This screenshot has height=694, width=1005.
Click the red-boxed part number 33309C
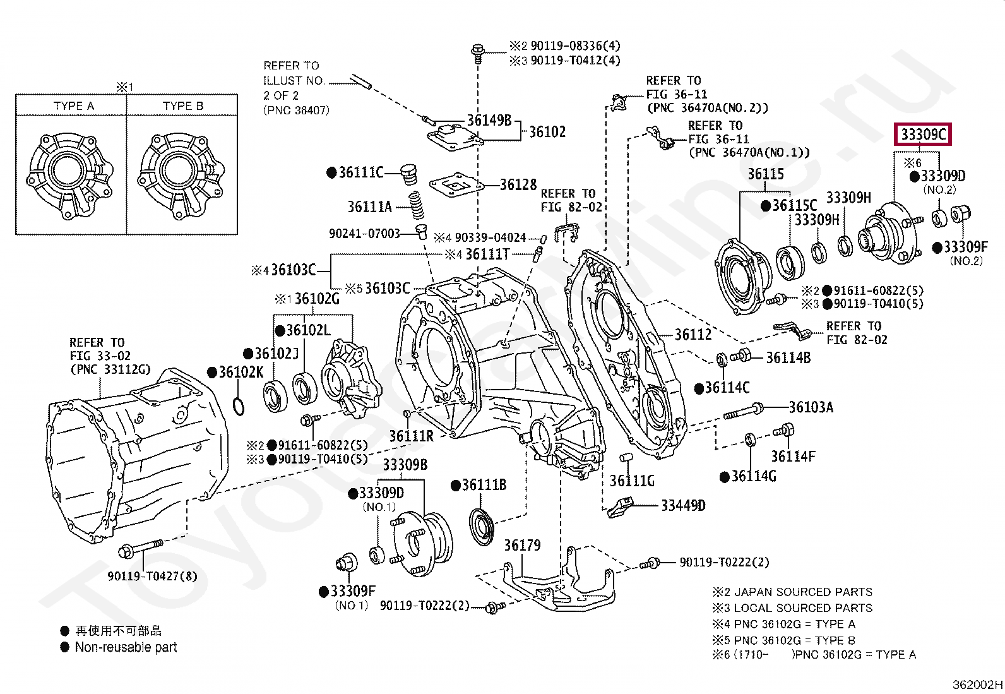tap(923, 135)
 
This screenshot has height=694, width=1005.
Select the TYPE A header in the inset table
tap(73, 106)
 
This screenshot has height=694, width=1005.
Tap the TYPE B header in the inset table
tap(183, 106)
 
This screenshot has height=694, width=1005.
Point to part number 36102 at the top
tap(547, 132)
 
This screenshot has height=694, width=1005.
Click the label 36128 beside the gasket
tap(518, 185)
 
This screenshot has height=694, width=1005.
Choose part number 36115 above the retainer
tap(765, 174)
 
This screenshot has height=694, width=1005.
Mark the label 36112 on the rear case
tap(693, 335)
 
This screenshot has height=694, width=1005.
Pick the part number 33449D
tap(683, 505)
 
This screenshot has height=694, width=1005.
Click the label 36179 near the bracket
tap(522, 545)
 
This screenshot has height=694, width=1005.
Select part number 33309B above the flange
tap(405, 465)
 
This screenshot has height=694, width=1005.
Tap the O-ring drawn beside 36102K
tap(239, 407)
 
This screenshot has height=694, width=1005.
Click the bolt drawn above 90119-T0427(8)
tap(141, 548)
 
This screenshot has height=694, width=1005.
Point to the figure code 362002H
tap(977, 685)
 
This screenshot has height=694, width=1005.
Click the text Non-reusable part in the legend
tap(126, 647)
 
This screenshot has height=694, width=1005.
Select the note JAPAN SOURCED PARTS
tap(803, 592)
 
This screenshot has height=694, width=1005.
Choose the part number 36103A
tap(811, 407)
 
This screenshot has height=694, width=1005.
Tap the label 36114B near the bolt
tap(788, 358)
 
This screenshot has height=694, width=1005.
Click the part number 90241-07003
tap(364, 234)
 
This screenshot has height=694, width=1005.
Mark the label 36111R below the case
tap(411, 436)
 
